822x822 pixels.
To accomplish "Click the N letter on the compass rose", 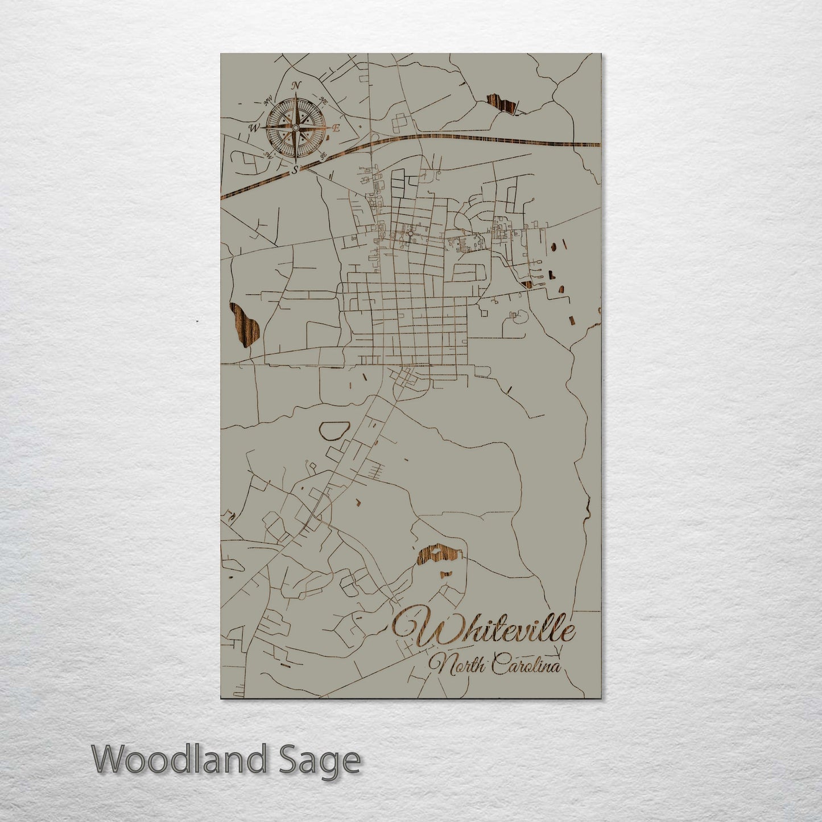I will [296, 85].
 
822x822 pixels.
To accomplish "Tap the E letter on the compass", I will [336, 129].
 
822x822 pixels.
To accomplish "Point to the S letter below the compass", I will [295, 170].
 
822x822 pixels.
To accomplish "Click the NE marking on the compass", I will [323, 101].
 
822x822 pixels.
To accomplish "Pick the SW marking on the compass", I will [267, 155].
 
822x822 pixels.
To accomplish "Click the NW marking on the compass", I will [267, 101].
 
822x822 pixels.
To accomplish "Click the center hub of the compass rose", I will [295, 127].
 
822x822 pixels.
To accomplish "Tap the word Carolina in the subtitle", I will [526, 665].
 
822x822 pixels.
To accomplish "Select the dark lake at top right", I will [503, 105].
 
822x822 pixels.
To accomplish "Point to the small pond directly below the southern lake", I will [447, 574].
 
